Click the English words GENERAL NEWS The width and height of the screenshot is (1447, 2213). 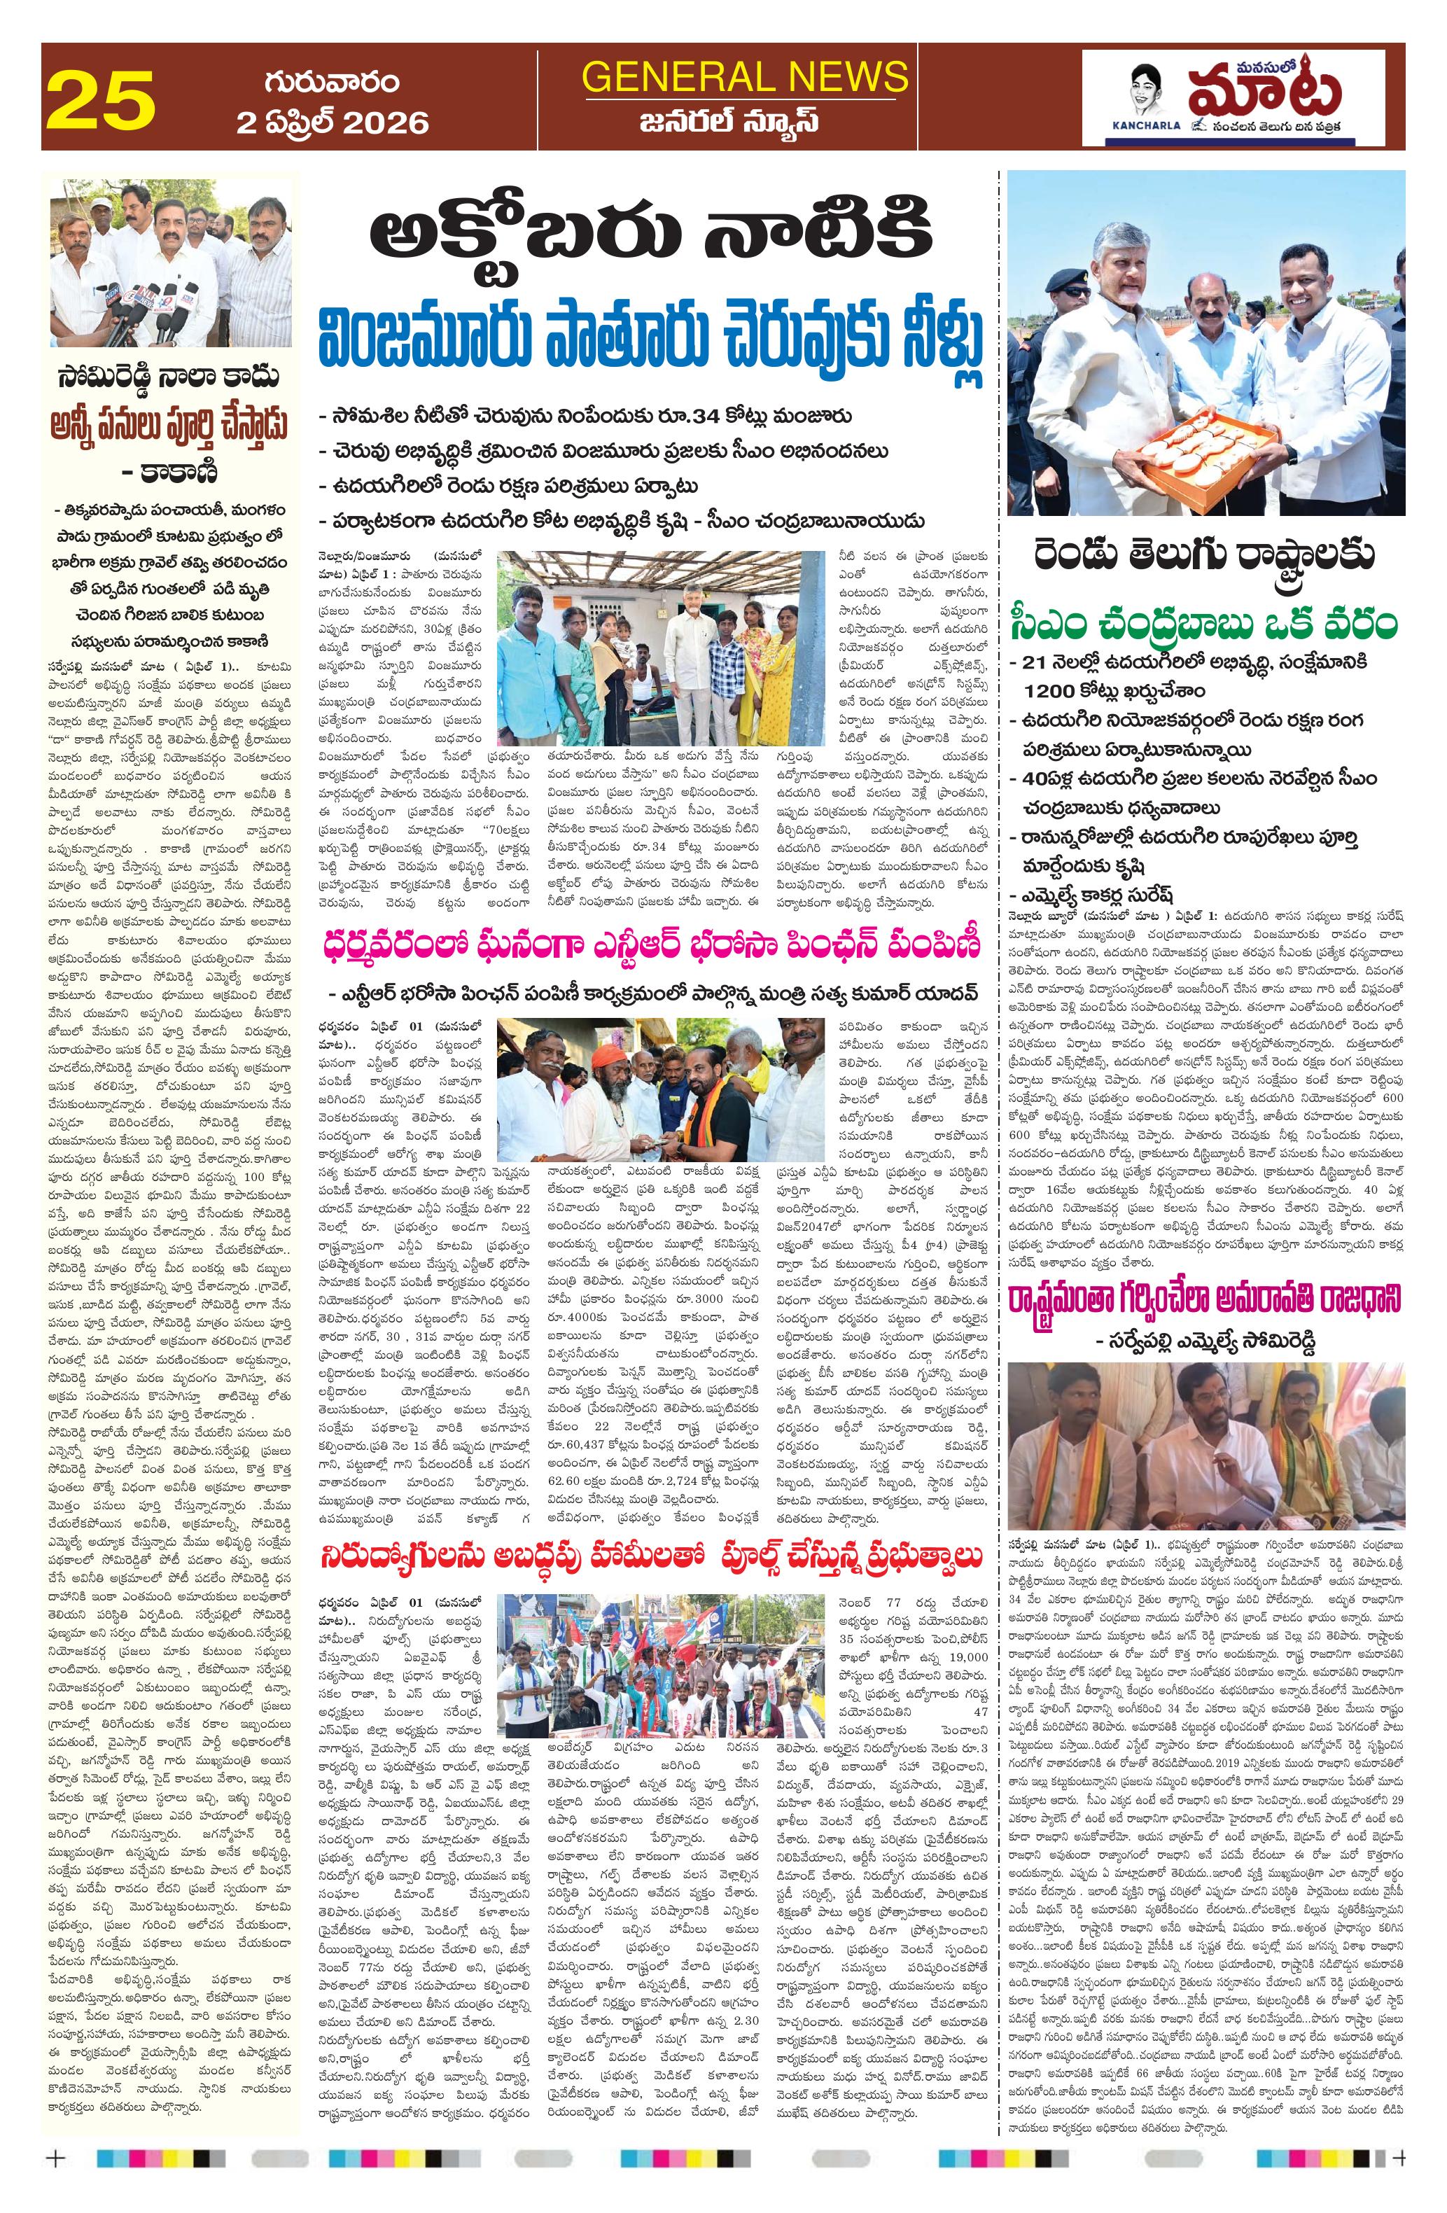(745, 76)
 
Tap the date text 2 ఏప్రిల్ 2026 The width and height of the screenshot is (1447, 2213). (332, 123)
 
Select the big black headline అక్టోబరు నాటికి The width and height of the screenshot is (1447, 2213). (650, 238)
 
